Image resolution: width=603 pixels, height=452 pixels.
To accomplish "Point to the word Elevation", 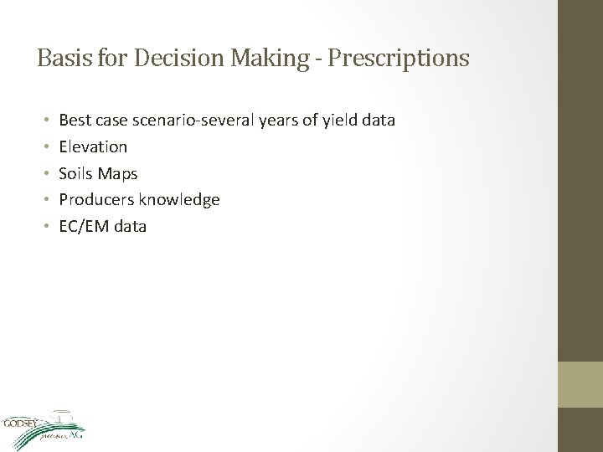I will tap(93, 146).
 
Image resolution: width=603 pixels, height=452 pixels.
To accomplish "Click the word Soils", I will tap(76, 173).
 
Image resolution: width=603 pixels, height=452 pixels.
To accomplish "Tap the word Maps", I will tap(119, 173).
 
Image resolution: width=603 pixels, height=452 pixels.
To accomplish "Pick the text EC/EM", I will tap(83, 226).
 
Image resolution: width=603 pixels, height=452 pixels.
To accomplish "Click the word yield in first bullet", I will tap(342, 121).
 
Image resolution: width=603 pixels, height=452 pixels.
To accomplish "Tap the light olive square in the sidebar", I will tap(581, 384).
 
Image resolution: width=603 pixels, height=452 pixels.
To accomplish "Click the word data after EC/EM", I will tap(129, 226).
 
